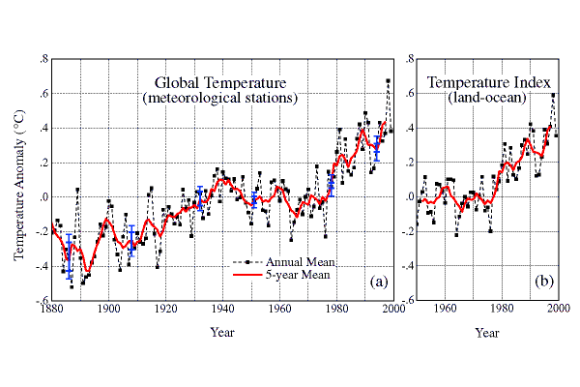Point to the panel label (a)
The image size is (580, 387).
click(x=378, y=283)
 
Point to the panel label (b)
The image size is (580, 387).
click(x=545, y=283)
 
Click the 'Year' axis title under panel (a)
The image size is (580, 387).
click(x=221, y=333)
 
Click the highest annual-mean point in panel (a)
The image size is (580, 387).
click(x=388, y=81)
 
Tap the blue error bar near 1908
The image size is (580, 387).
click(x=131, y=237)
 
